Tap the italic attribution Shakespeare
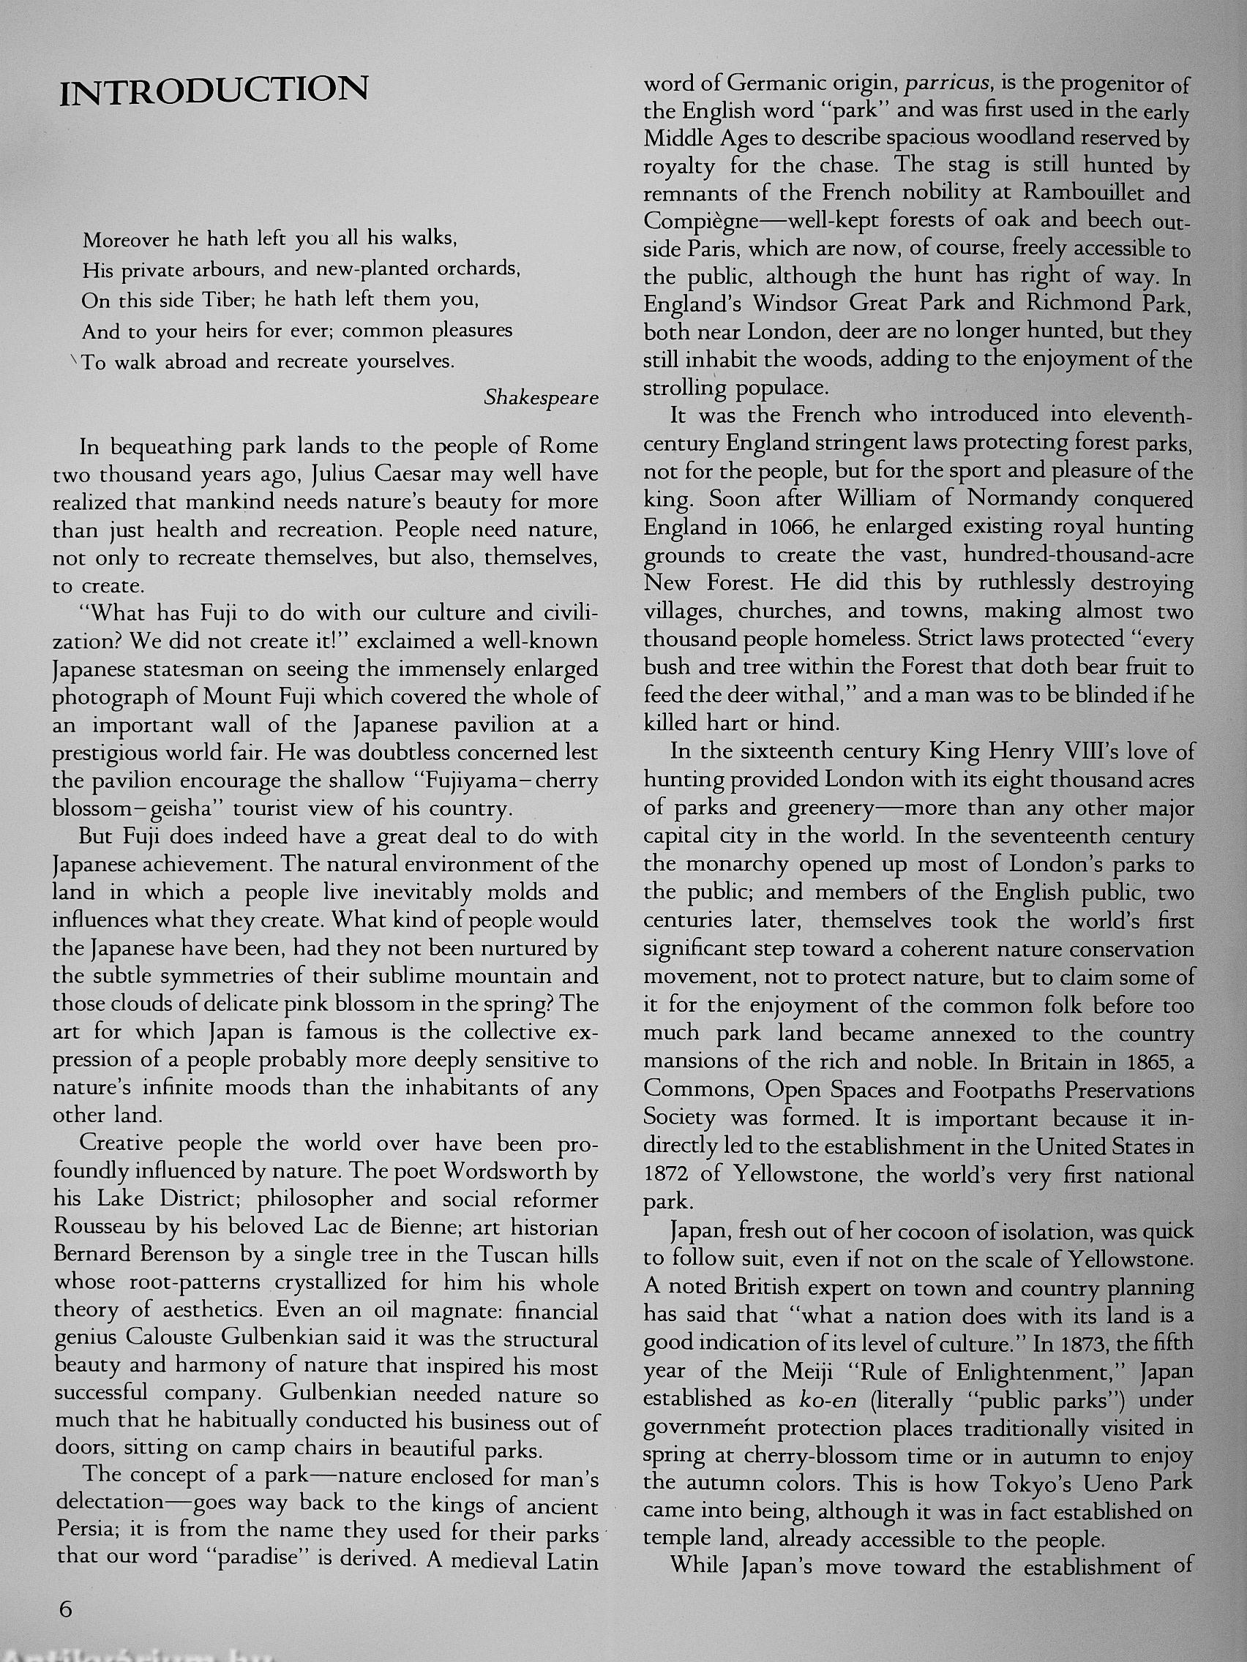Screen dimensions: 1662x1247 pos(542,397)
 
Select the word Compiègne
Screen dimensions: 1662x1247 pos(700,222)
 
